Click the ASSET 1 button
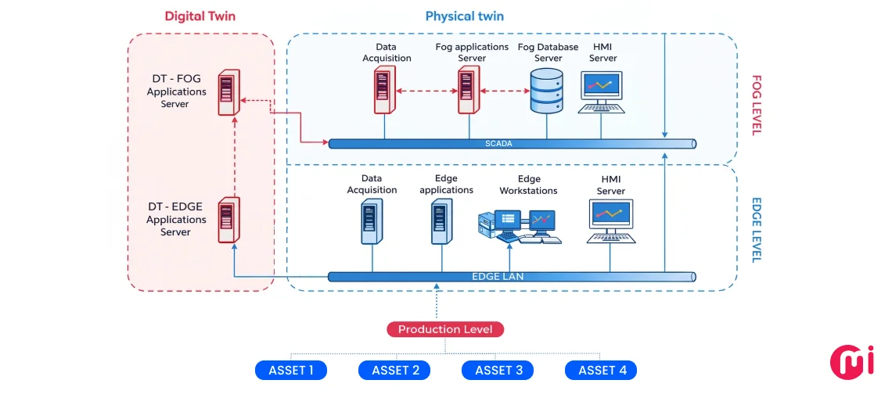click(291, 370)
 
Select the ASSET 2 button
click(394, 370)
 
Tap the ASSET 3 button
click(498, 370)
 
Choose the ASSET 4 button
click(601, 370)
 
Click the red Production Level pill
click(445, 329)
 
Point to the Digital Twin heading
click(200, 16)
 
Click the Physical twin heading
click(464, 16)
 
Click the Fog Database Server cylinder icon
click(546, 91)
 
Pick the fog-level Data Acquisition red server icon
click(383, 91)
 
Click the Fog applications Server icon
click(468, 91)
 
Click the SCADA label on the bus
click(498, 143)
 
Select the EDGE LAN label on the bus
click(498, 276)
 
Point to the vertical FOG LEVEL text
click(756, 105)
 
